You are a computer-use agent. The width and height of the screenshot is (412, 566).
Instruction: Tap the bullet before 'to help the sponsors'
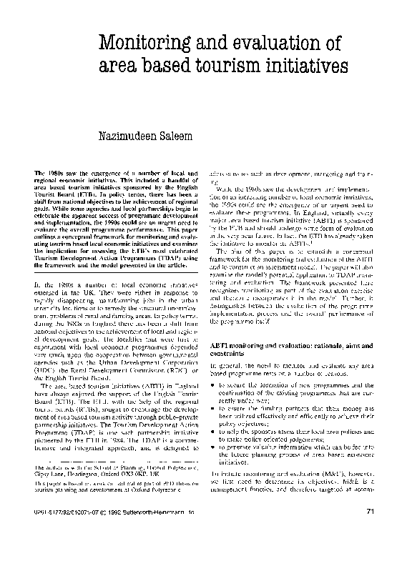pos(215,431)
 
